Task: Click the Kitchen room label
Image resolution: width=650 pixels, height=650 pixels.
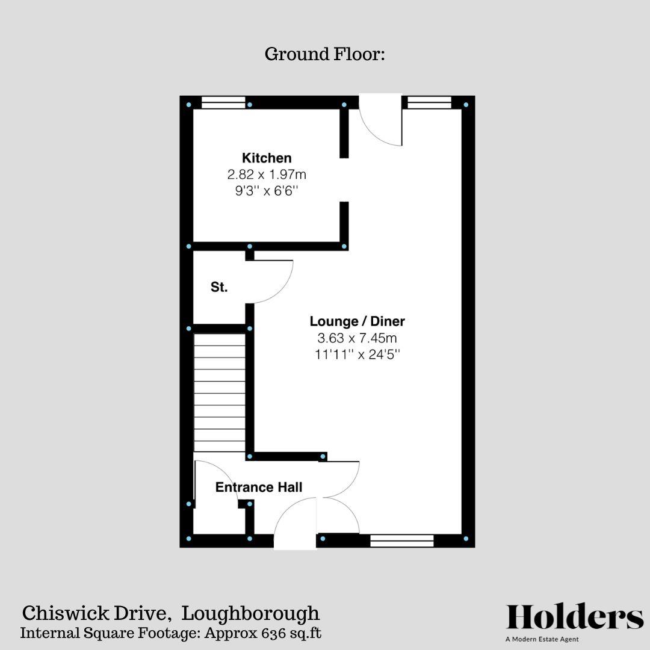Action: (x=267, y=158)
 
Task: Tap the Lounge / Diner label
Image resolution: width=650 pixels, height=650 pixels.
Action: (x=357, y=321)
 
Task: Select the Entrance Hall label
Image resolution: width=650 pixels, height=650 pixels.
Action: (x=259, y=487)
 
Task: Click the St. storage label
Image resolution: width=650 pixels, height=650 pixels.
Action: (x=219, y=288)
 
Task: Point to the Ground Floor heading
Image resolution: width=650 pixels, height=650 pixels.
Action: (x=324, y=54)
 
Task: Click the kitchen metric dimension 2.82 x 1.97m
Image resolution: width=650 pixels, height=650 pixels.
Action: (x=267, y=175)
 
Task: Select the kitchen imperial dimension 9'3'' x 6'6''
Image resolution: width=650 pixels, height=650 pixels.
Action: (x=267, y=190)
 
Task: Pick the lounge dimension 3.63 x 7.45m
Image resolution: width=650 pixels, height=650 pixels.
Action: (x=357, y=338)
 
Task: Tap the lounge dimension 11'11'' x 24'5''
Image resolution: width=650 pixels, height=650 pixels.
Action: (x=357, y=354)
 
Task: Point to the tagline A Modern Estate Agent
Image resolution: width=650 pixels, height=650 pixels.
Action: (x=542, y=639)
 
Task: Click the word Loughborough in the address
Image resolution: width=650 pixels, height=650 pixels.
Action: (x=250, y=613)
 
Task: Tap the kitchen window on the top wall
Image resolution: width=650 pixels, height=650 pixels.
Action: (x=223, y=102)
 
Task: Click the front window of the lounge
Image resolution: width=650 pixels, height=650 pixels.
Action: (x=401, y=540)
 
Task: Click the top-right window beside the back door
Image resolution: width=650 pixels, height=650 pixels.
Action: (x=429, y=102)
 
